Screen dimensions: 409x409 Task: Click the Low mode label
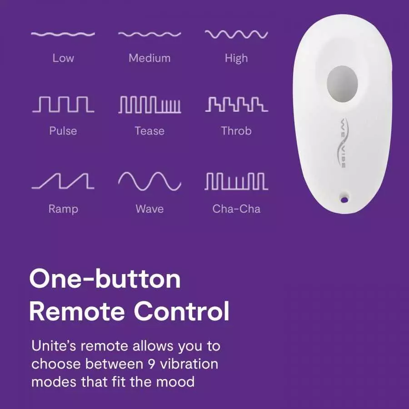tap(63, 58)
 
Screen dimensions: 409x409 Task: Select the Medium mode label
tap(150, 58)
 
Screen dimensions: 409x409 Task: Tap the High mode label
tap(236, 58)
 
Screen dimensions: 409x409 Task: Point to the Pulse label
tap(63, 131)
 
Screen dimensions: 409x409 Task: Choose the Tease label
tap(150, 131)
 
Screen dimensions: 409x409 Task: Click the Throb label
tap(236, 131)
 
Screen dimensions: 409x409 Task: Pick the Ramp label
tap(63, 209)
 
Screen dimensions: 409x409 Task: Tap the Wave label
tap(150, 209)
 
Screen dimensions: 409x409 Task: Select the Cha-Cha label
tap(236, 209)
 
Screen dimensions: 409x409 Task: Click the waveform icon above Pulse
tap(63, 105)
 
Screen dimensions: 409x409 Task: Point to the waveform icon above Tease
tap(150, 105)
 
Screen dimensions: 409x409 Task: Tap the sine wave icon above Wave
tap(150, 181)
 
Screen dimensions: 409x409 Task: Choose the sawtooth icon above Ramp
tap(63, 181)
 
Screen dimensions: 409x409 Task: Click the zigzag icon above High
tap(236, 35)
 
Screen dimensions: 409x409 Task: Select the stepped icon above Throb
tap(236, 105)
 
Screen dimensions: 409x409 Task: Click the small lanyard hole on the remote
tap(344, 198)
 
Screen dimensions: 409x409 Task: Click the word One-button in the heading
tap(105, 279)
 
